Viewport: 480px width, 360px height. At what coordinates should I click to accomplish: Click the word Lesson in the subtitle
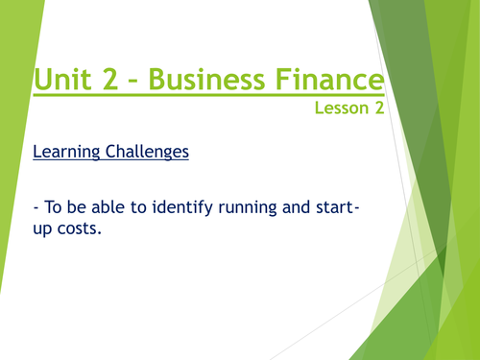coord(342,108)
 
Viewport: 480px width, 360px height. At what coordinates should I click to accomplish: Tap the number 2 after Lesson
coord(379,108)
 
